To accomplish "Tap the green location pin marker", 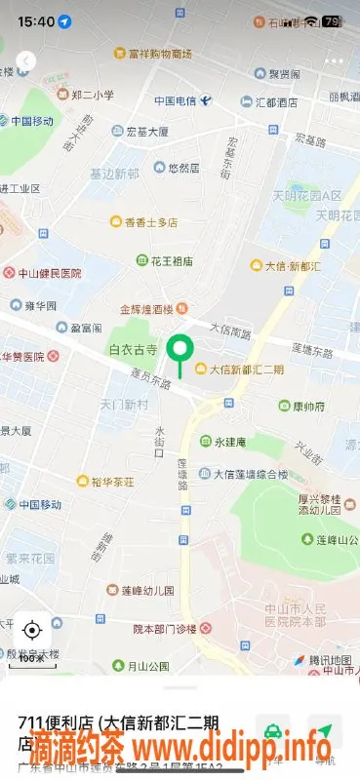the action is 179,352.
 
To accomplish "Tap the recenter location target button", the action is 31,630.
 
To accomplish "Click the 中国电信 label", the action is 175,101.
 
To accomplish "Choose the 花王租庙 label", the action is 170,261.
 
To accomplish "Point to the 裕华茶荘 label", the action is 112,481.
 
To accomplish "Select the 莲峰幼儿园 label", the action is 146,591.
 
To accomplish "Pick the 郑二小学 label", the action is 93,96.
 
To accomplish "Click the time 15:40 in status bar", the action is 35,20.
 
